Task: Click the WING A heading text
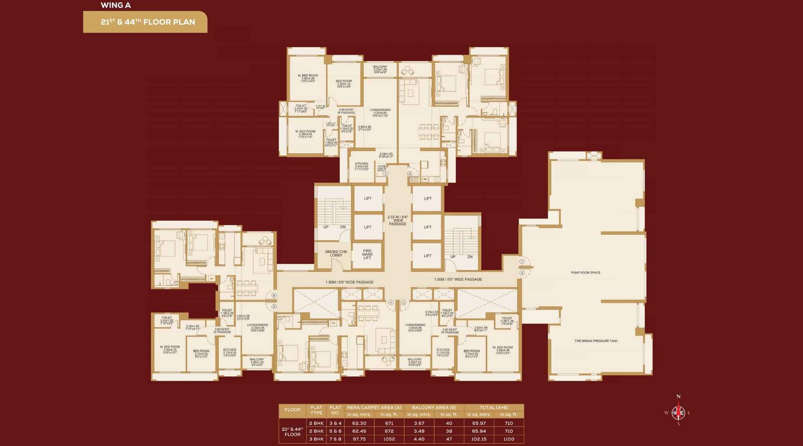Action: coord(115,6)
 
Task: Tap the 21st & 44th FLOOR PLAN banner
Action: coord(146,22)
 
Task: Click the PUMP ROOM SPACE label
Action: coord(586,273)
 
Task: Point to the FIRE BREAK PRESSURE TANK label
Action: coord(596,341)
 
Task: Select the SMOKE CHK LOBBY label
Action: coord(336,253)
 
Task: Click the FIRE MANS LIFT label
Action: coord(367,254)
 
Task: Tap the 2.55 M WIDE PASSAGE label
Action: coord(397,220)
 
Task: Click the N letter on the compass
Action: coord(679,397)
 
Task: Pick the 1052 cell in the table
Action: coord(389,439)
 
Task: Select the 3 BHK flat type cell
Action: coord(316,439)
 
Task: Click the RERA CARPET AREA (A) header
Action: coord(374,407)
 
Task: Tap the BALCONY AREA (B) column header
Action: coord(434,407)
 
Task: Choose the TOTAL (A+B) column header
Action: coord(494,407)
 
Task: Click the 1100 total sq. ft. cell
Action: coord(508,439)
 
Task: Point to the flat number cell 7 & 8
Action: coord(335,439)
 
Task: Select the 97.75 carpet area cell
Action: coord(359,439)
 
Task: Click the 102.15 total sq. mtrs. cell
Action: coord(479,439)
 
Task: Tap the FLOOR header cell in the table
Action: coord(293,410)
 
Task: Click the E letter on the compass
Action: coord(689,413)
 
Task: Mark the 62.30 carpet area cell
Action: coord(359,423)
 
